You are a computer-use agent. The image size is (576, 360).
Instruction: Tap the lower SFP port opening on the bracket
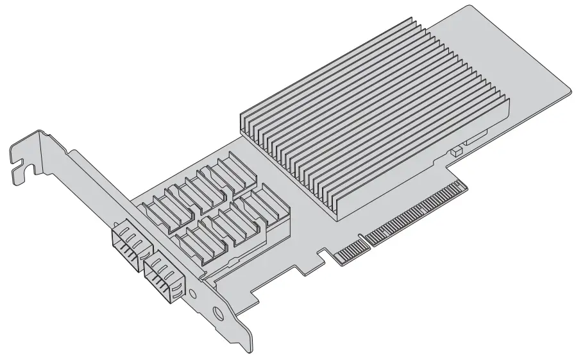pyautogui.click(x=161, y=273)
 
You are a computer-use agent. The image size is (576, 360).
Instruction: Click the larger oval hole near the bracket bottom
pyautogui.click(x=219, y=315)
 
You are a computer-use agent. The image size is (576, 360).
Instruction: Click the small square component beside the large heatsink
pyautogui.click(x=456, y=152)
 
